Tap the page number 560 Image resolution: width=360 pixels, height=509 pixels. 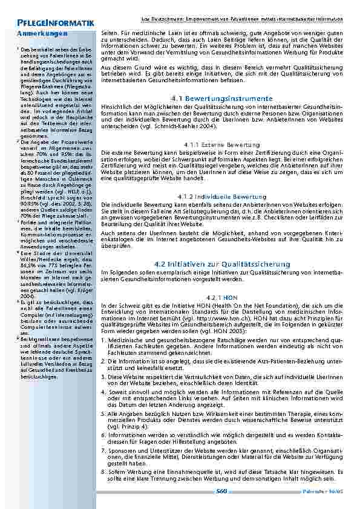[x=221, y=491]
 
